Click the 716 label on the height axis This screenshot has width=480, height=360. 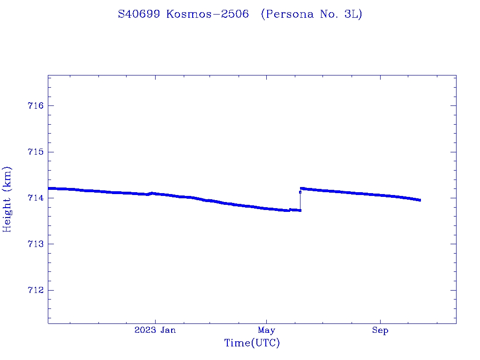(x=36, y=106)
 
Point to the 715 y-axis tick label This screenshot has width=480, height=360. (x=36, y=152)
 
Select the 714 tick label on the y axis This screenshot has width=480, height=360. (x=36, y=198)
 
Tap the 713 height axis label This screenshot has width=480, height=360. (x=36, y=244)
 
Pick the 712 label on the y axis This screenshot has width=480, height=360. (x=36, y=291)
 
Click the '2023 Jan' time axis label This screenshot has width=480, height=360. (x=155, y=330)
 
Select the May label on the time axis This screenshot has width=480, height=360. (x=266, y=330)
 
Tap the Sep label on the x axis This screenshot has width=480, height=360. (x=380, y=330)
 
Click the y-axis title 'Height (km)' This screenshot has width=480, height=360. (x=7, y=199)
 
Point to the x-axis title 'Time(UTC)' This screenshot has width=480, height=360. (x=252, y=343)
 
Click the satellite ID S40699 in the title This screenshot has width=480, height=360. (x=140, y=15)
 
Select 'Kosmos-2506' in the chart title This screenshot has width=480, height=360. (x=207, y=15)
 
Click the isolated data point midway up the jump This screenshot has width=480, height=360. (x=300, y=192)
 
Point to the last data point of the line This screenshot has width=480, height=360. (x=420, y=200)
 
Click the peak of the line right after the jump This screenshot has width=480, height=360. (x=301, y=188)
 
